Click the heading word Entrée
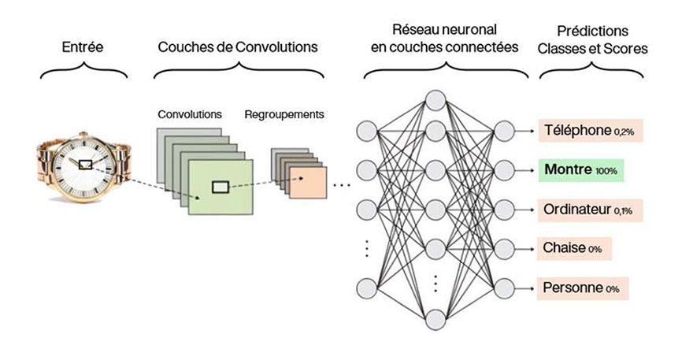pyautogui.click(x=84, y=47)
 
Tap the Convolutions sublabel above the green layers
pyautogui.click(x=189, y=114)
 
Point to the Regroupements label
pyautogui.click(x=284, y=114)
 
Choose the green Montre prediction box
pyautogui.click(x=581, y=169)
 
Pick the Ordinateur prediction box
pyautogui.click(x=583, y=210)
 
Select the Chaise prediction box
pyautogui.click(x=575, y=248)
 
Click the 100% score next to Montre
pyautogui.click(x=606, y=171)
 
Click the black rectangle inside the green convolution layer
pyautogui.click(x=221, y=187)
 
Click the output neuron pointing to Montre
pyautogui.click(x=506, y=169)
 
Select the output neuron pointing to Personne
pyautogui.click(x=506, y=288)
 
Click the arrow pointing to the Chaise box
pyautogui.click(x=528, y=248)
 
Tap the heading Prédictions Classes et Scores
pyautogui.click(x=591, y=39)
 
